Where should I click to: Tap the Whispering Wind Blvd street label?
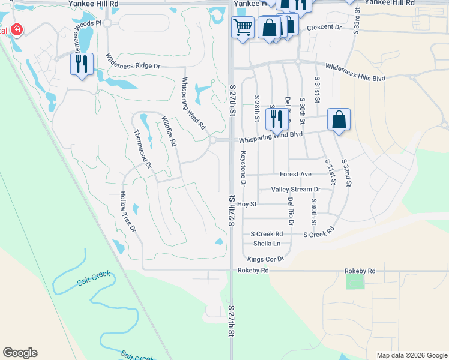point(271,138)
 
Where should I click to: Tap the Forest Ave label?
point(295,174)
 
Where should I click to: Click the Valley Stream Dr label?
point(296,189)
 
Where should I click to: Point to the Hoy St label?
point(247,204)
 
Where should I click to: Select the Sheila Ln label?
point(267,243)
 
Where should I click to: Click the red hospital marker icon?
point(17,29)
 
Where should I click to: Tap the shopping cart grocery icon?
point(243,27)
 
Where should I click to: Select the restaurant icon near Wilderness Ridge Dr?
point(82,64)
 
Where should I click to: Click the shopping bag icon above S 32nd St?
point(339,119)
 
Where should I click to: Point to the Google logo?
point(20,353)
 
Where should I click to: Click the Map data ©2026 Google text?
point(411,355)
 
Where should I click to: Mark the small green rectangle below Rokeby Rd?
point(355,282)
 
